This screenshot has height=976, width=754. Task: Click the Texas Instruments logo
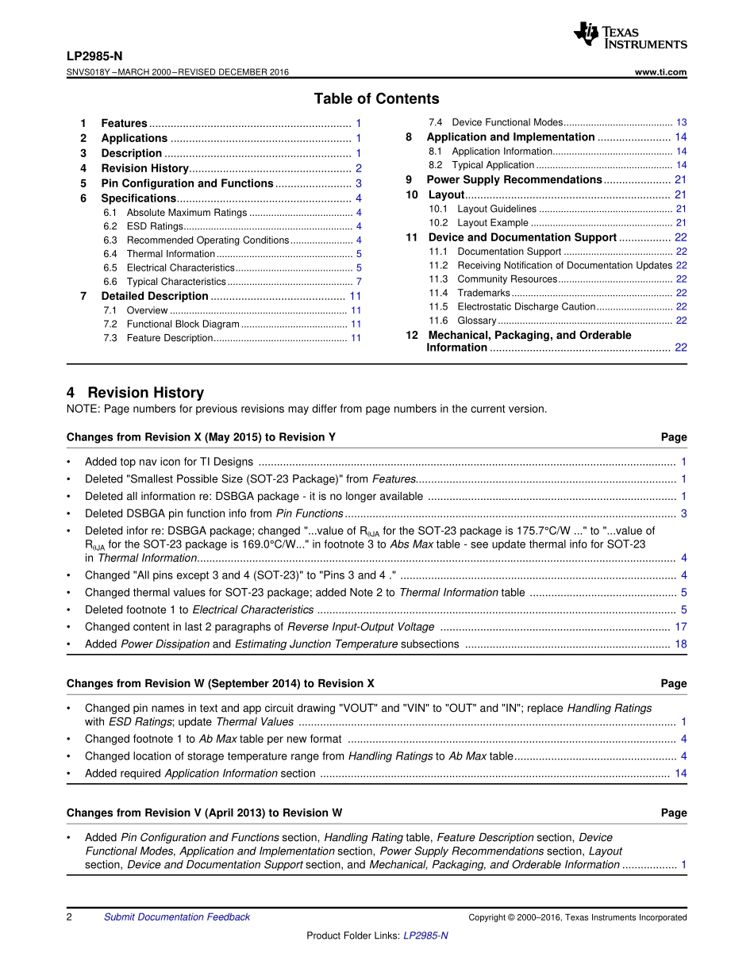click(630, 35)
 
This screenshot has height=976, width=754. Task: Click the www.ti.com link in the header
click(661, 72)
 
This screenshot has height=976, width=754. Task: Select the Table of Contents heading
click(376, 99)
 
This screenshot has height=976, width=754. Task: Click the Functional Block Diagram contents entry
click(183, 324)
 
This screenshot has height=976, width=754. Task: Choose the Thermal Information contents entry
click(171, 254)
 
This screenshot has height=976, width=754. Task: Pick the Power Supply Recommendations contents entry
click(514, 180)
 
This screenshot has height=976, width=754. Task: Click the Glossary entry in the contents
click(476, 321)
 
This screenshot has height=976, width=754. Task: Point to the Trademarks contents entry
click(483, 293)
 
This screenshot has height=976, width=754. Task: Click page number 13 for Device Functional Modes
click(681, 123)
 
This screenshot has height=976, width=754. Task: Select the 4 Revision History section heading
click(136, 393)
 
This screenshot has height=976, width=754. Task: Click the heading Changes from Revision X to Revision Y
click(201, 437)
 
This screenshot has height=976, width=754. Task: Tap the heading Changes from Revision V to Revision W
click(205, 813)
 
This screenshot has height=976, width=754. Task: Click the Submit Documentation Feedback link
click(176, 917)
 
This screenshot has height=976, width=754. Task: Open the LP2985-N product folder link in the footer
click(425, 936)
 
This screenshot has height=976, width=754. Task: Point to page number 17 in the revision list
click(681, 627)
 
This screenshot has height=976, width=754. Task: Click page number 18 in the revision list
click(681, 644)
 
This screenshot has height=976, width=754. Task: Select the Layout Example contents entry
click(492, 223)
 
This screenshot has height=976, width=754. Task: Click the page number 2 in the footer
click(70, 917)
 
